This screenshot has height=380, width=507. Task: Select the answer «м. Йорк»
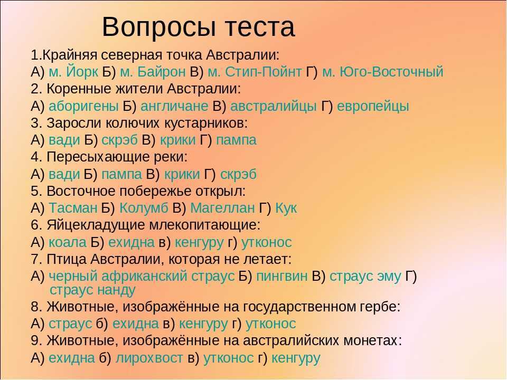tap(73, 72)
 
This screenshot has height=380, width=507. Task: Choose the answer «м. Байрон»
tap(153, 72)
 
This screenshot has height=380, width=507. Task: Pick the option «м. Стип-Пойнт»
tap(255, 72)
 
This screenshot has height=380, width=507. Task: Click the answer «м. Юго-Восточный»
tap(382, 72)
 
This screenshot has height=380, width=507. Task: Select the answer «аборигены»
tap(83, 106)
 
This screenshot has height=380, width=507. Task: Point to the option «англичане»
tap(174, 106)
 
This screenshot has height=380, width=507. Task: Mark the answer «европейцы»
tap(373, 106)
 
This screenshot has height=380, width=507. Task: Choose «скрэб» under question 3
tap(120, 140)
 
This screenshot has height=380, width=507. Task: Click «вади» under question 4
tap(64, 174)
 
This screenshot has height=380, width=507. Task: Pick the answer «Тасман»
tap(73, 208)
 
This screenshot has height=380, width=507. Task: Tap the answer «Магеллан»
tap(222, 208)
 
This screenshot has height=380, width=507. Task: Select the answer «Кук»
tap(286, 208)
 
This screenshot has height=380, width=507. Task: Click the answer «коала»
tap(68, 242)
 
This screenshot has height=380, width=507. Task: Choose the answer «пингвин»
tap(281, 276)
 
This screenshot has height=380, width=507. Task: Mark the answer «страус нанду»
tap(92, 290)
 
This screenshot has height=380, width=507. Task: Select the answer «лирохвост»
tap(149, 358)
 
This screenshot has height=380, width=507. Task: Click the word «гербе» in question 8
tap(380, 307)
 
